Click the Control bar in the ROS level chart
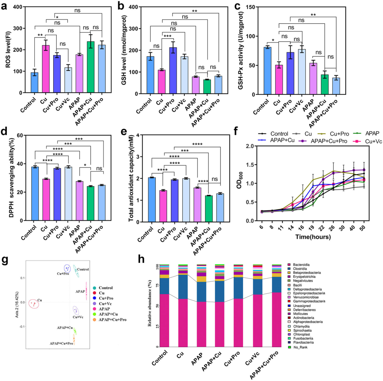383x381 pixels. [x=34, y=83]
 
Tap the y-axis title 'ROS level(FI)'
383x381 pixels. [x=8, y=50]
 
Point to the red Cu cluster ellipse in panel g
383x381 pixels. [x=33, y=303]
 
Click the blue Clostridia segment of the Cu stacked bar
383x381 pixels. [x=183, y=286]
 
